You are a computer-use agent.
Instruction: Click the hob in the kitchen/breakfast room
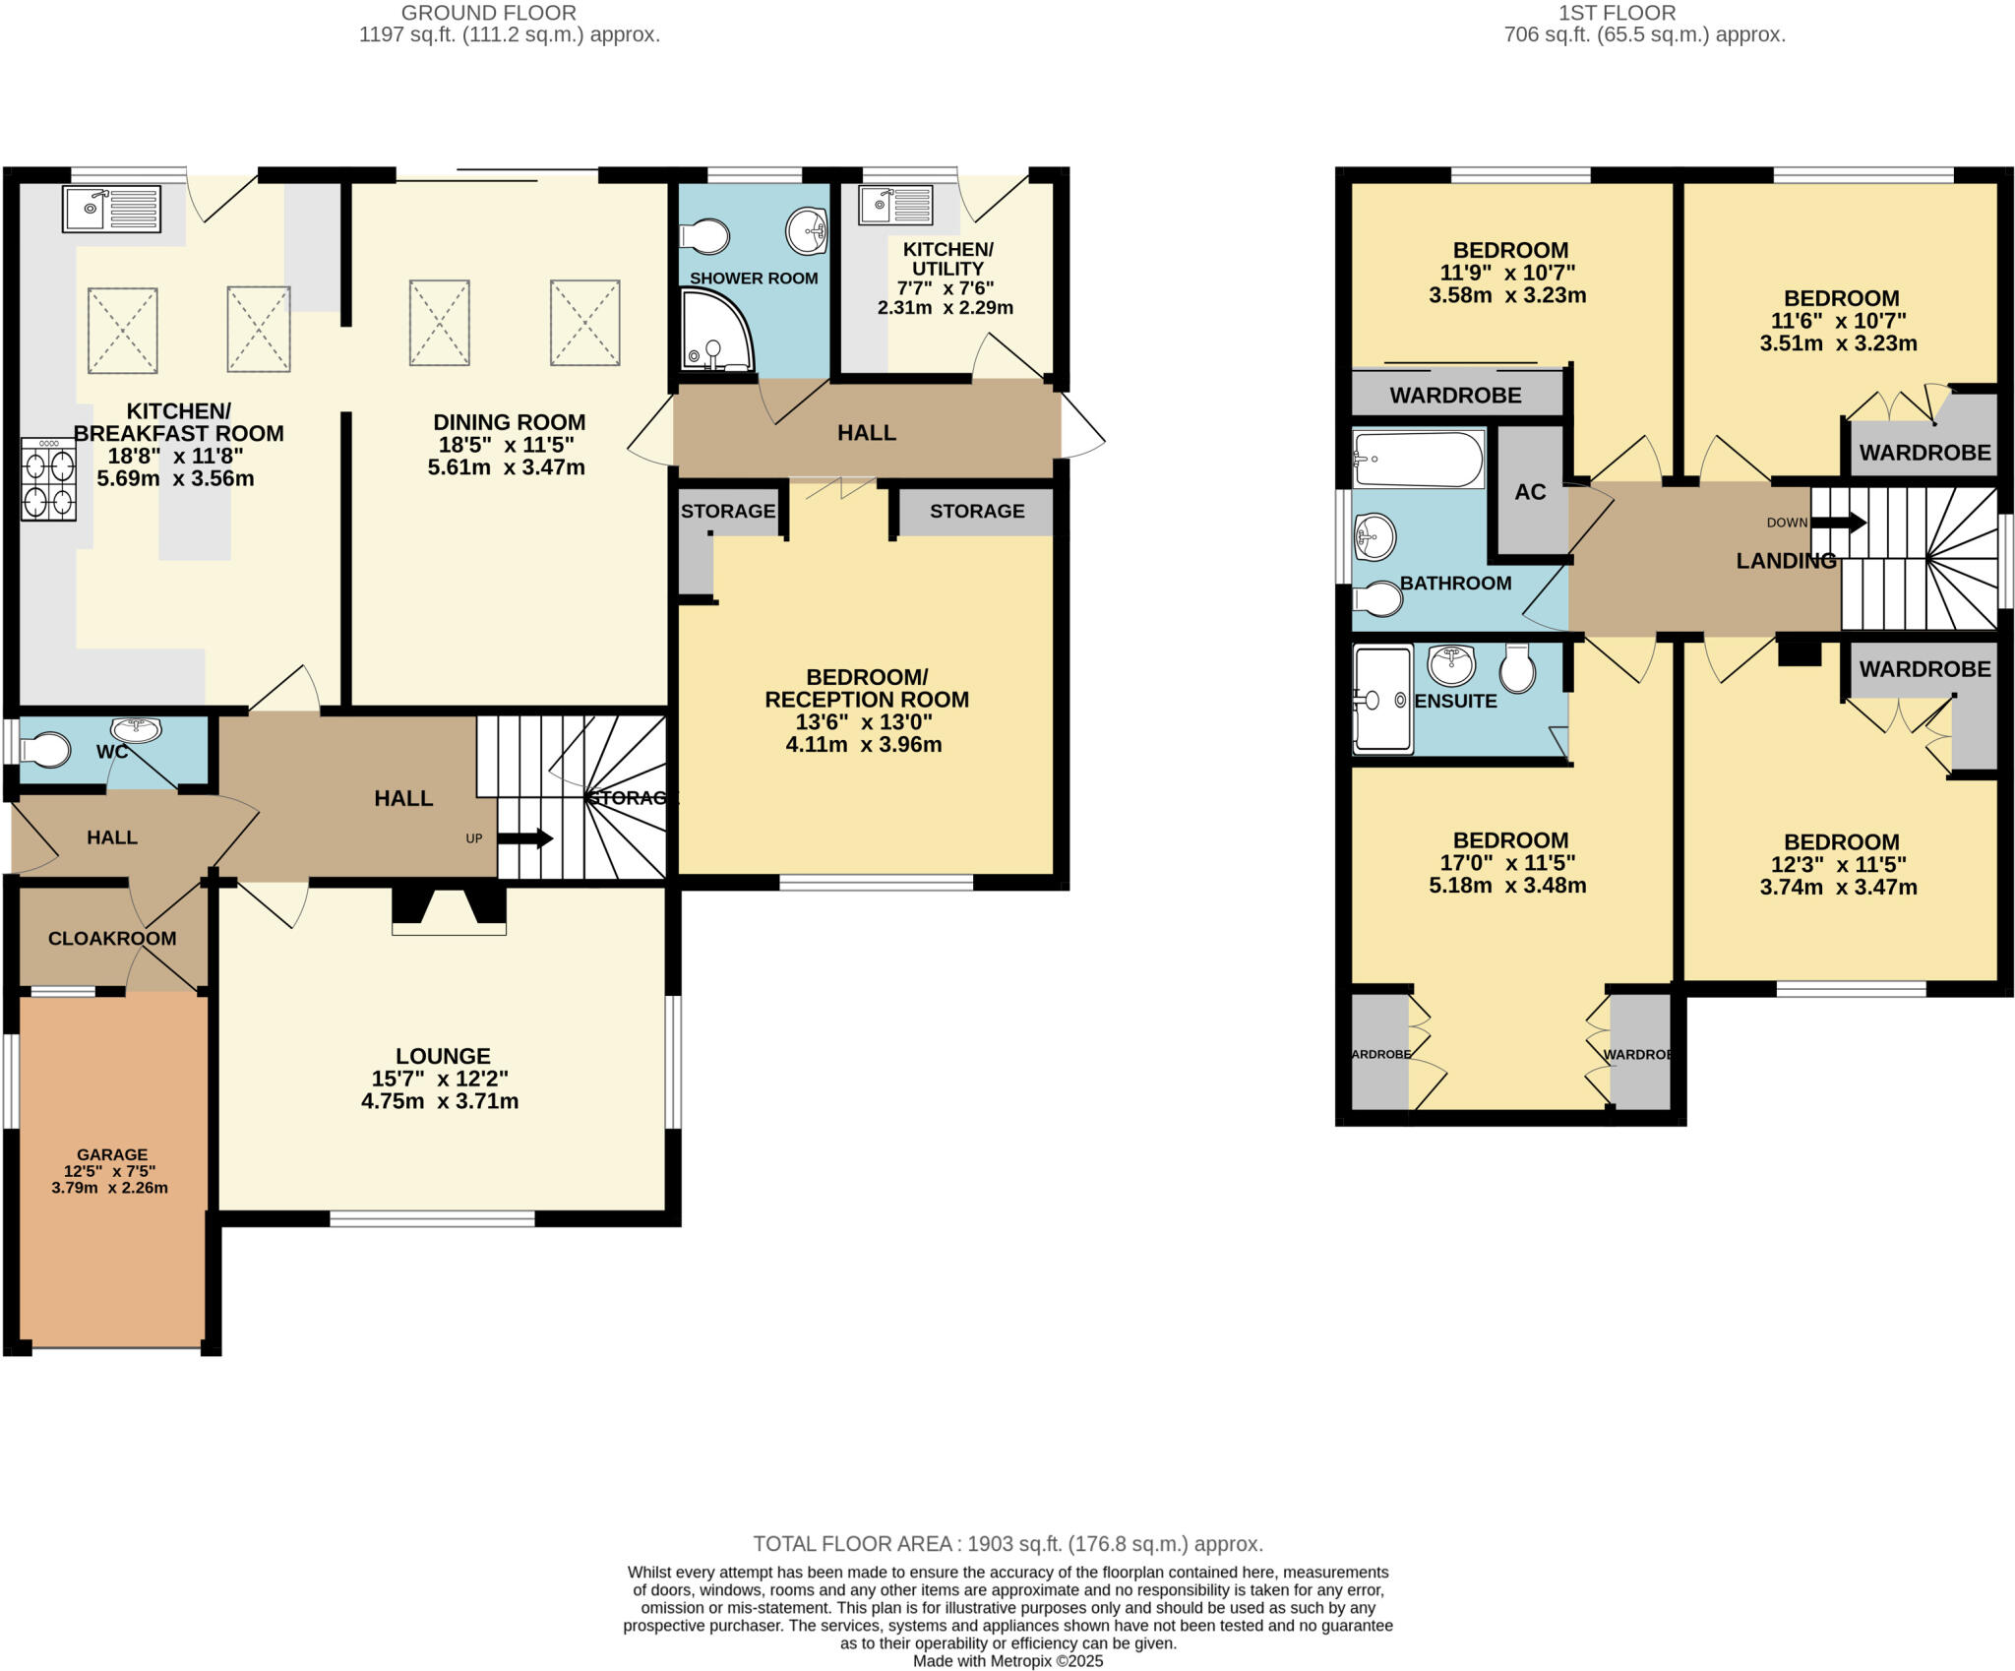pos(49,479)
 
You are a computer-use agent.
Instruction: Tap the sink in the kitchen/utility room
pos(895,206)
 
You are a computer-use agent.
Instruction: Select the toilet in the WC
pos(46,752)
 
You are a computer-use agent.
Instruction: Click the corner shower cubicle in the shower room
pos(715,331)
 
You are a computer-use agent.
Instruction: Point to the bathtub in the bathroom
pos(1418,460)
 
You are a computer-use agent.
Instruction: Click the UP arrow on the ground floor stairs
pos(525,838)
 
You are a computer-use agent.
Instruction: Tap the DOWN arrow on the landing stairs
pos(1839,523)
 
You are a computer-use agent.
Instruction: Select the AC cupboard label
pos(1530,492)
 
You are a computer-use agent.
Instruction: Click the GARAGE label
pos(112,1154)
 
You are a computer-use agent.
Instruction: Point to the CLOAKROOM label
pos(112,938)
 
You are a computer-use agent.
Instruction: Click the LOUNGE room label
pos(443,1056)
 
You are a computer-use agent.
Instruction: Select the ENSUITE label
pos(1455,701)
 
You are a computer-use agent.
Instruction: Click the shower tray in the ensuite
pos(1382,700)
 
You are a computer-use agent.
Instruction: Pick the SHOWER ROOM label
pos(754,278)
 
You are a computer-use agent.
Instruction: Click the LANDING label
pos(1786,561)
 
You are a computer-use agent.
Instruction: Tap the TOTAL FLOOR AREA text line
pos(1007,1544)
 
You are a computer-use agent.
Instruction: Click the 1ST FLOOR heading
pos(1644,13)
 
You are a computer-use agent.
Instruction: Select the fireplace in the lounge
pos(449,908)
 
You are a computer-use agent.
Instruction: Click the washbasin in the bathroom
pos(1374,537)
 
